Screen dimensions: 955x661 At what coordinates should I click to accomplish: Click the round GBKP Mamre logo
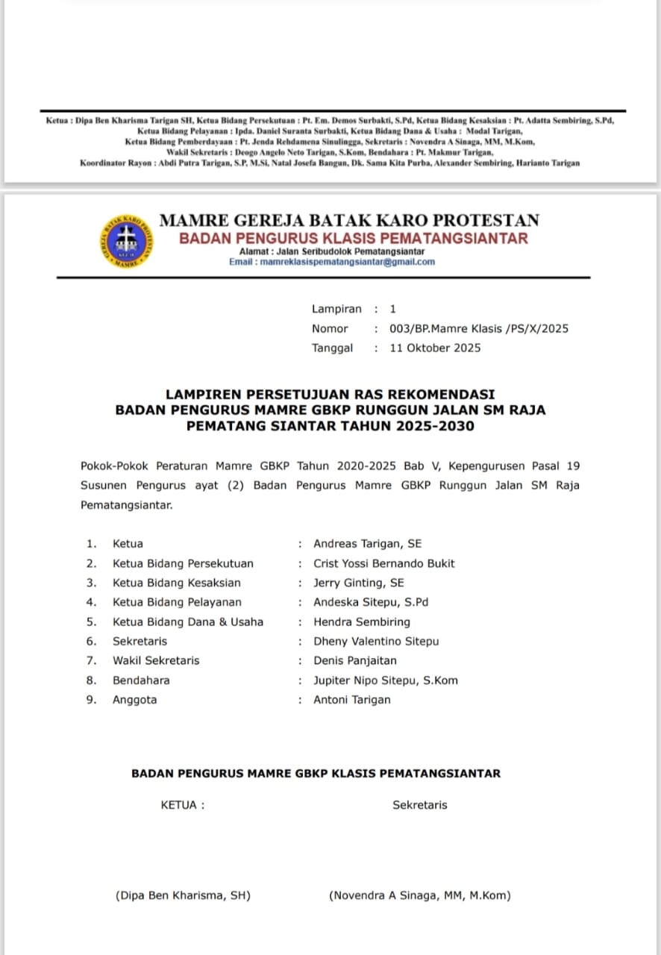tap(126, 240)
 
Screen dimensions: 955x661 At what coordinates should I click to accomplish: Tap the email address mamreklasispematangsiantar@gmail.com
tap(344, 262)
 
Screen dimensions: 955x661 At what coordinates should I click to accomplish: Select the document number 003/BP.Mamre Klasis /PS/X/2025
tap(478, 328)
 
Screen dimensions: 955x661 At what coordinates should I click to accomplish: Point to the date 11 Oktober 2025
tap(435, 348)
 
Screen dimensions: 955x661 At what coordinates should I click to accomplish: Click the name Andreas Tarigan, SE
tap(367, 544)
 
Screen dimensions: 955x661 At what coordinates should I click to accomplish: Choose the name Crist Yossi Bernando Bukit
tap(383, 563)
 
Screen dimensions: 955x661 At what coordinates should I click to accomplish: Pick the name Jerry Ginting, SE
tap(358, 583)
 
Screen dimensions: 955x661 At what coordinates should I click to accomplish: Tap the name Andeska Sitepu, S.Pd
tap(371, 602)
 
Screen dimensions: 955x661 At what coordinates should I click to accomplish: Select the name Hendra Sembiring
tap(362, 621)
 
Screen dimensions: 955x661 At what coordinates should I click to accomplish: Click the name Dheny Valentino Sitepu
tap(376, 641)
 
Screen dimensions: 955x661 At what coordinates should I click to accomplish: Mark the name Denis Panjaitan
tap(355, 660)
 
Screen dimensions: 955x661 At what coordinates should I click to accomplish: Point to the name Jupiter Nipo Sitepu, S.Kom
tap(386, 680)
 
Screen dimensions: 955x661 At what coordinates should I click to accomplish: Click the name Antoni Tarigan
tap(352, 699)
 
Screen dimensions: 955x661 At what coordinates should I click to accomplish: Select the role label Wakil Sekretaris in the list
tap(156, 660)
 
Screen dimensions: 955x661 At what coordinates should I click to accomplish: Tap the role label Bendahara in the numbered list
tap(141, 680)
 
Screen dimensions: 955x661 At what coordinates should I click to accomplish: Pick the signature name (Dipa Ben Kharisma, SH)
tap(183, 895)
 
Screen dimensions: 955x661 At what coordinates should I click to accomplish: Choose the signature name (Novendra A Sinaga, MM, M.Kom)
tap(420, 895)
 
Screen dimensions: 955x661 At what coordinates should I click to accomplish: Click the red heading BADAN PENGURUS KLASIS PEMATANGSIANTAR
tap(353, 239)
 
